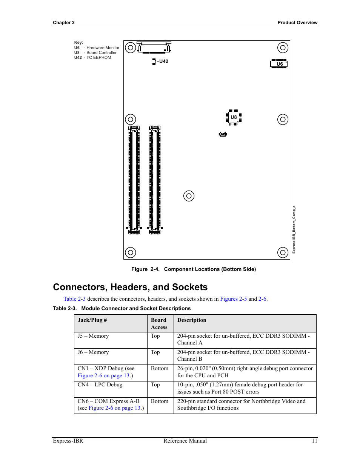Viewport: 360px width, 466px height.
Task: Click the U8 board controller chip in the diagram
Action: [x=234, y=117]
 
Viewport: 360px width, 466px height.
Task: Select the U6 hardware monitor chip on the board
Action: [x=279, y=64]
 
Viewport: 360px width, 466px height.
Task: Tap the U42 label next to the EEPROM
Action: [x=164, y=62]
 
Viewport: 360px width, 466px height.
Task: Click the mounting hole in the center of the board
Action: [x=189, y=196]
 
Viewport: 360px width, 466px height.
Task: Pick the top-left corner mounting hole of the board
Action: [x=131, y=48]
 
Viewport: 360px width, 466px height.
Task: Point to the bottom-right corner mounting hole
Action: [x=283, y=252]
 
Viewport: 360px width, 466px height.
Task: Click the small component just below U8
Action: [x=223, y=134]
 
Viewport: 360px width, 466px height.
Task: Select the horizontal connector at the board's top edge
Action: [x=154, y=48]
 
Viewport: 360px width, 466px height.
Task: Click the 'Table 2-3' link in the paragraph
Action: [x=74, y=299]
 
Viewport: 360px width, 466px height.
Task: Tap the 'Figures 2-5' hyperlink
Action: [x=233, y=299]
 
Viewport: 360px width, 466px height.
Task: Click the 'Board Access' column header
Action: [x=159, y=323]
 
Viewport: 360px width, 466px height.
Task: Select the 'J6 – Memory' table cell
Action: [x=93, y=352]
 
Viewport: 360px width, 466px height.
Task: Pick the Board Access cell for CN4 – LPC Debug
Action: [x=155, y=384]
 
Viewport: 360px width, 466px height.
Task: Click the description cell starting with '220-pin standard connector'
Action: [x=242, y=404]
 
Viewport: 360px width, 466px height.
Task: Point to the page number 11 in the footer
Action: [x=314, y=441]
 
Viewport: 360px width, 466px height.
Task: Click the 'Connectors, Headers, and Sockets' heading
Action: [x=130, y=287]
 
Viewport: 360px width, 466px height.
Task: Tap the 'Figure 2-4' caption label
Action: [x=145, y=269]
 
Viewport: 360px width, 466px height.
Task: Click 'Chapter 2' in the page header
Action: [x=64, y=23]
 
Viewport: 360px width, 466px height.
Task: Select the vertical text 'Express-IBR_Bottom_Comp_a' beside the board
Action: [x=294, y=229]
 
